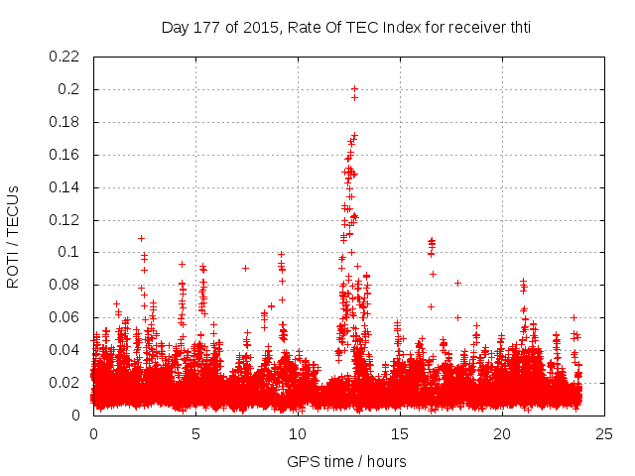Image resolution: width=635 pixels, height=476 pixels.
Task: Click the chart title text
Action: point(346,28)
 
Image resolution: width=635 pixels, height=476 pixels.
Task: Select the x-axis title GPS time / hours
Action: point(346,461)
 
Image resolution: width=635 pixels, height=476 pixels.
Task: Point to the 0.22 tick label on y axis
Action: point(65,57)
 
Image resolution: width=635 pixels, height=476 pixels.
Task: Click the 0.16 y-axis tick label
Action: point(65,155)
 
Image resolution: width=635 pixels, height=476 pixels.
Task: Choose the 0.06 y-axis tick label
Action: point(65,317)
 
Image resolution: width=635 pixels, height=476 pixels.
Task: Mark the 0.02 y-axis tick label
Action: point(65,383)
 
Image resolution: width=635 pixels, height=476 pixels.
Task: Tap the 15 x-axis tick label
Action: point(399,434)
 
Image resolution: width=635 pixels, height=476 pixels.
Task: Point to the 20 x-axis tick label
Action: point(501,434)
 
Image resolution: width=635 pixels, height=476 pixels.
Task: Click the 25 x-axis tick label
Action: point(603,434)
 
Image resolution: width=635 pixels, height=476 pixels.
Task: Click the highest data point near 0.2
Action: point(354,89)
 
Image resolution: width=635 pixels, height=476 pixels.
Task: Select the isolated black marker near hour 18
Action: point(457,283)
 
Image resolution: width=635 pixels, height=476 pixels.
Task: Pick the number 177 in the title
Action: point(218,28)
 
